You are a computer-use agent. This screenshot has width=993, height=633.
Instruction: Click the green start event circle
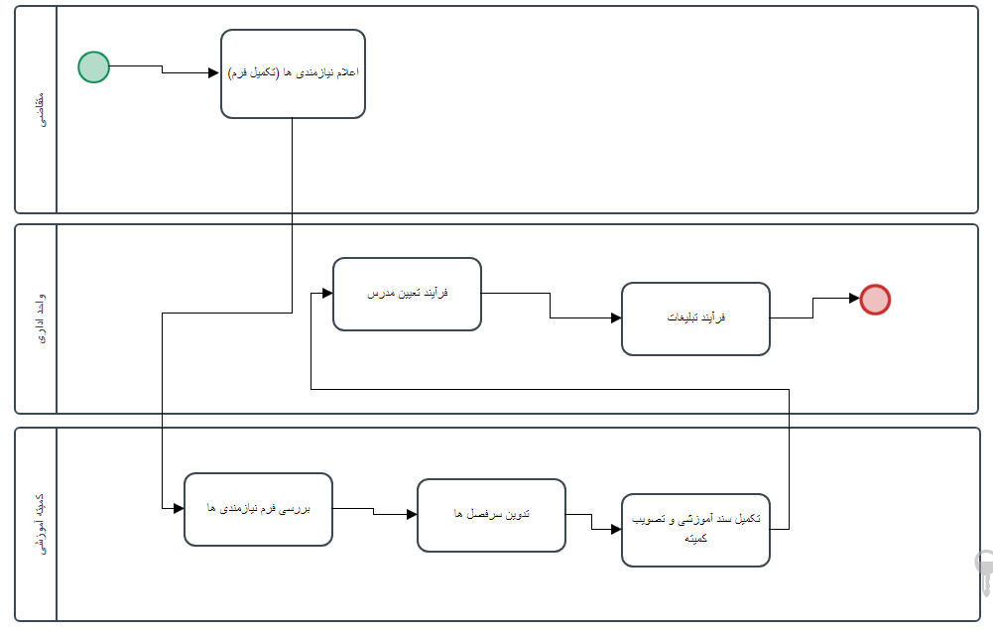point(93,67)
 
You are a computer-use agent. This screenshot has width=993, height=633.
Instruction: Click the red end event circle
point(875,299)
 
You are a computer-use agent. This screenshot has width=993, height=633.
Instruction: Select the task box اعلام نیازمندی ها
point(293,73)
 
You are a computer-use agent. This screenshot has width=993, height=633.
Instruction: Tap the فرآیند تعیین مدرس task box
point(407,294)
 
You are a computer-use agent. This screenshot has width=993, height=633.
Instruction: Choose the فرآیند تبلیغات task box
point(695,318)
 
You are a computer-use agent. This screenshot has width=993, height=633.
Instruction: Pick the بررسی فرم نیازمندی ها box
point(258,509)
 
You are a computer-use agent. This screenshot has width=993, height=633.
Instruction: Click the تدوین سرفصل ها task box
point(491,515)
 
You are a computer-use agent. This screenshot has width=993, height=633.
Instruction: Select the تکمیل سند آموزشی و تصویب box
point(695,530)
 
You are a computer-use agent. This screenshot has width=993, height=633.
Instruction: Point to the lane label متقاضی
point(37,109)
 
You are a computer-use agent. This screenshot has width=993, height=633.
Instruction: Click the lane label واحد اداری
point(37,318)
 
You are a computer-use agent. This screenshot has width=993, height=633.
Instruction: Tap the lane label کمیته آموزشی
point(37,524)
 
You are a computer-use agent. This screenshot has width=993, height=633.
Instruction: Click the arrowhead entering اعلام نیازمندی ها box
point(214,72)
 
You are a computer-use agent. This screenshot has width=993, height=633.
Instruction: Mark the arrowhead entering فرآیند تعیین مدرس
point(326,294)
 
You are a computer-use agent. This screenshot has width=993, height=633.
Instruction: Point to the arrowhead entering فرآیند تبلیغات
point(616,317)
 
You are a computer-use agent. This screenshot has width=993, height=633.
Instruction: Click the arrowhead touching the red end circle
point(854,299)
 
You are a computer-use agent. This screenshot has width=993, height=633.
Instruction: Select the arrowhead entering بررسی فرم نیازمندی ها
point(179,509)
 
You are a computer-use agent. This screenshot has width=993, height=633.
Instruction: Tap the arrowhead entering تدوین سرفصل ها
point(412,515)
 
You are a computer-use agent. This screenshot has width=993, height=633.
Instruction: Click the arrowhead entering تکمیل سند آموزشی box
point(616,530)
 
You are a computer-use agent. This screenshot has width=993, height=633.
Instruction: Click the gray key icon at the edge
point(984,573)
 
